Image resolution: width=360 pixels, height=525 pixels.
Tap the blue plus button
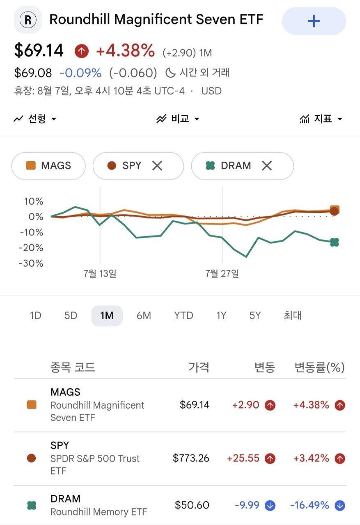314,21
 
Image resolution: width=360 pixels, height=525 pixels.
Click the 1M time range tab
107,315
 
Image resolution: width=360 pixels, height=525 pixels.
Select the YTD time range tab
183,315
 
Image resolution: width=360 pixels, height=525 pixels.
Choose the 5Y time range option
255,315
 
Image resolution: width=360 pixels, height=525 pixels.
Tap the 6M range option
144,315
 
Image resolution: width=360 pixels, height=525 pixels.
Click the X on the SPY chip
157,166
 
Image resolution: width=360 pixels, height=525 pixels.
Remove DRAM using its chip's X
267,166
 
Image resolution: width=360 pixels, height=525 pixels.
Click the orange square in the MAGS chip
31,165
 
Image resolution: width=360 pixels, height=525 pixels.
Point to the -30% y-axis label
31,263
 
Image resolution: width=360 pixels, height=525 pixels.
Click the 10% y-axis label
34,201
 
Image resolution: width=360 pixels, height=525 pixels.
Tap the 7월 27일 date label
222,274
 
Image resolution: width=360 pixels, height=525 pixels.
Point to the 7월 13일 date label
100,274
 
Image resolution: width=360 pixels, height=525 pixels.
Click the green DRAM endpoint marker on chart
335,242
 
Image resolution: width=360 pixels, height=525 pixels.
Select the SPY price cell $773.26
191,458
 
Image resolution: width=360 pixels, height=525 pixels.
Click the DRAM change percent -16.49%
310,505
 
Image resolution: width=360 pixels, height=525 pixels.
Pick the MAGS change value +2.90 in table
245,405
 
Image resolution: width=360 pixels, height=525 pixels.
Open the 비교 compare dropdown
178,119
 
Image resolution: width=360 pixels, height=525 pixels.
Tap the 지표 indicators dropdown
321,119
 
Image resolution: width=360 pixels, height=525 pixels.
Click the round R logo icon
28,20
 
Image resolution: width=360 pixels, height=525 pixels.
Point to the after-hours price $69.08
33,73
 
